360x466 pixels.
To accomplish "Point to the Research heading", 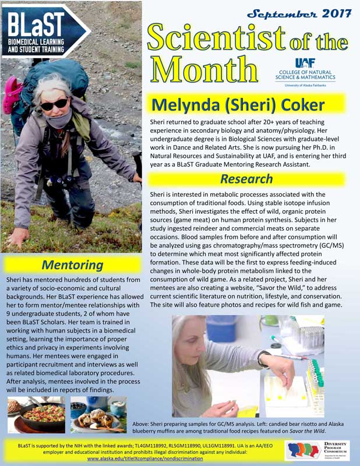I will pyautogui.click(x=246, y=178).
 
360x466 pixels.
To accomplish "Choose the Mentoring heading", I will pyautogui.click(x=73, y=265).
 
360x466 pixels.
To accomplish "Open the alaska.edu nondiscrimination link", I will pyautogui.click(x=144, y=458).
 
